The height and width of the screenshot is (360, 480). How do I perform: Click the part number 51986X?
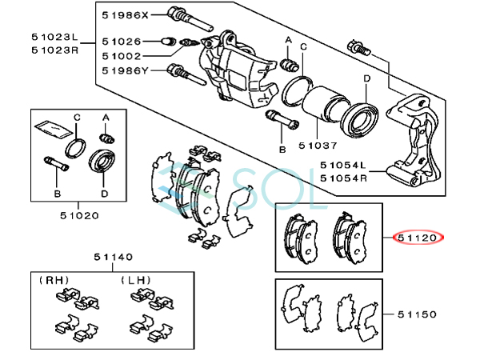124,14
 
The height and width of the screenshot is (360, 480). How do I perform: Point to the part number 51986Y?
124,72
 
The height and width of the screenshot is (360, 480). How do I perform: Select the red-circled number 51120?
418,238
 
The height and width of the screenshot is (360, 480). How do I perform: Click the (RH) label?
56,280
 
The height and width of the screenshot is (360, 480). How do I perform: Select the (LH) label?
137,280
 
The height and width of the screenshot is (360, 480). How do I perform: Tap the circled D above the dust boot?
365,78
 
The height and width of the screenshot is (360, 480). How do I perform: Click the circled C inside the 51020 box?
77,118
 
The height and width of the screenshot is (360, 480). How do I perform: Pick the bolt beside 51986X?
182,14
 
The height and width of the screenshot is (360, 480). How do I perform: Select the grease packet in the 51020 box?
49,126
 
